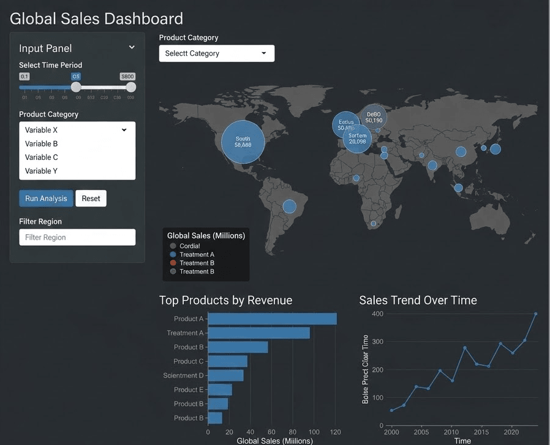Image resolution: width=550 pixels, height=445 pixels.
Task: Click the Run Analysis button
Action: pos(46,199)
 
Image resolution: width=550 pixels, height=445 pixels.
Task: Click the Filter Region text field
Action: pos(77,237)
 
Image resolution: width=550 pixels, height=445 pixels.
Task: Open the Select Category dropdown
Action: pos(217,53)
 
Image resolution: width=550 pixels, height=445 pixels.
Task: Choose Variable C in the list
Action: pos(42,158)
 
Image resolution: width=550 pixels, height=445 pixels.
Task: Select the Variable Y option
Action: pos(42,171)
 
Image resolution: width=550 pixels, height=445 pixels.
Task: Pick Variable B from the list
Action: pos(42,143)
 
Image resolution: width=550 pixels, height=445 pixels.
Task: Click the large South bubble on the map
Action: pos(243,142)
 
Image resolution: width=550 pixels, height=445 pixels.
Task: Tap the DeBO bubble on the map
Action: pos(374,116)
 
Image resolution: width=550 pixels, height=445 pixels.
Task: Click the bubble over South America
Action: pos(289,207)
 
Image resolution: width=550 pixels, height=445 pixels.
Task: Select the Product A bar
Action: pos(273,319)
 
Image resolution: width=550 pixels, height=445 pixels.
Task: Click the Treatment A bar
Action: pos(259,333)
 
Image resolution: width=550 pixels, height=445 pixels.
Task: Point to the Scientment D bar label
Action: pos(184,375)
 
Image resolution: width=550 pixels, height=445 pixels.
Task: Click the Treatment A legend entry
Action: pos(197,254)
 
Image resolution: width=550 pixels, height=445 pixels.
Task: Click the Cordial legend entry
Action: pos(189,246)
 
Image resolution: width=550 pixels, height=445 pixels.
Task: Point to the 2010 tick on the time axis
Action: pos(451,432)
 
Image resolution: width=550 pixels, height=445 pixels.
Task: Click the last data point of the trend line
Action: pos(536,314)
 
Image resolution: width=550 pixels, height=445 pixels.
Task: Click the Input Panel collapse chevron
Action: pos(132,48)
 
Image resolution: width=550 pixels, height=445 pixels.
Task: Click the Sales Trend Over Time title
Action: pos(418,300)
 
